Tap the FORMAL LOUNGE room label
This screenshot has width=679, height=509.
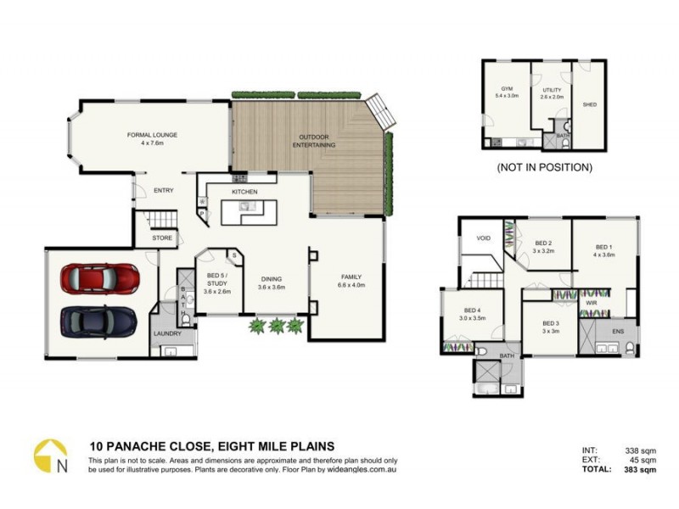149,137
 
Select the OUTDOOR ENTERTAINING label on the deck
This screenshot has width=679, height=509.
315,141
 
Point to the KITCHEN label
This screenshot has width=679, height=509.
244,192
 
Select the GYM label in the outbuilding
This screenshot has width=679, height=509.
507,88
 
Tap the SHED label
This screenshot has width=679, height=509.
589,105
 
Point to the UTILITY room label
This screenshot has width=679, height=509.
552,89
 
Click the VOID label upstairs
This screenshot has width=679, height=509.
484,239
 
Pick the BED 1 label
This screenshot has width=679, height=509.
603,247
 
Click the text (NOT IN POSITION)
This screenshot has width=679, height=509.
544,167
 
